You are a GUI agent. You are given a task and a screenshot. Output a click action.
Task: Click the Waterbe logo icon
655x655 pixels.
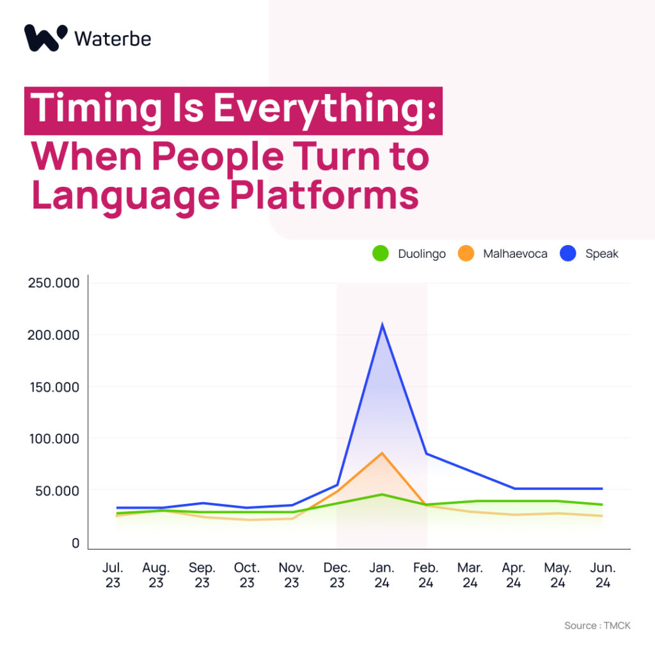(x=45, y=38)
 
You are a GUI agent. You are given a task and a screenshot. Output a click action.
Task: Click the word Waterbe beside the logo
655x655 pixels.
(x=113, y=39)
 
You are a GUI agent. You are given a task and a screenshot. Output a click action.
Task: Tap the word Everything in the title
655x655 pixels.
(x=325, y=109)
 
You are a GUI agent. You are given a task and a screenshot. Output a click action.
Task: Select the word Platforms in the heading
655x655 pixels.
(x=324, y=196)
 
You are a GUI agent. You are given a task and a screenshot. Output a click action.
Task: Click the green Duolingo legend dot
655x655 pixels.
(x=381, y=253)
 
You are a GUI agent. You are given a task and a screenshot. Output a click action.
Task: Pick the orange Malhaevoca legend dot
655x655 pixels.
(x=466, y=253)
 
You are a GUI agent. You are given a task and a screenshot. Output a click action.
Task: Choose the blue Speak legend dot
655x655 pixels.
(x=568, y=253)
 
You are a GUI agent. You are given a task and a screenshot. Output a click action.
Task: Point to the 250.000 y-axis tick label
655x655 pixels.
(x=54, y=283)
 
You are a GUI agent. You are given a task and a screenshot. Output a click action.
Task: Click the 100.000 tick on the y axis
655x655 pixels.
(x=54, y=439)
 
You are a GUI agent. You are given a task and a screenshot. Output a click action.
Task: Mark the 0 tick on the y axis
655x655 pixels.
(x=75, y=543)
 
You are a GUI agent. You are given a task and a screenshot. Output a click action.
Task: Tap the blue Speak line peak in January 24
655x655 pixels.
(x=383, y=324)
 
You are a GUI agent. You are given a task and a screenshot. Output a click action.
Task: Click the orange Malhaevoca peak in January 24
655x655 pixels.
(x=382, y=453)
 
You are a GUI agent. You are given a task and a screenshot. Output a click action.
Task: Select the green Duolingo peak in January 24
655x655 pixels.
(x=382, y=494)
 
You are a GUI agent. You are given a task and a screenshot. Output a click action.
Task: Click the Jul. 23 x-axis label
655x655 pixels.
(x=113, y=575)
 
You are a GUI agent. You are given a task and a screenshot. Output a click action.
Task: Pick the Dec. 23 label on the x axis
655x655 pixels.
(x=336, y=575)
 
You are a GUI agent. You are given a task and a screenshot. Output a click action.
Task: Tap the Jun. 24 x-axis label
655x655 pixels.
(x=603, y=575)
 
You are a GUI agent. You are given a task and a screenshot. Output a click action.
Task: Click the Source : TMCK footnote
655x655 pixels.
(x=597, y=626)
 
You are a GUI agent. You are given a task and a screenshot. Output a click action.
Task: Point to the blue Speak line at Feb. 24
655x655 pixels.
(x=427, y=454)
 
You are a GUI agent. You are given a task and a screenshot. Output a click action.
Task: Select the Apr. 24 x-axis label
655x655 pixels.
(x=514, y=575)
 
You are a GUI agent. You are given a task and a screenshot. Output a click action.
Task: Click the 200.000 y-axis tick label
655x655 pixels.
(x=53, y=335)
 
